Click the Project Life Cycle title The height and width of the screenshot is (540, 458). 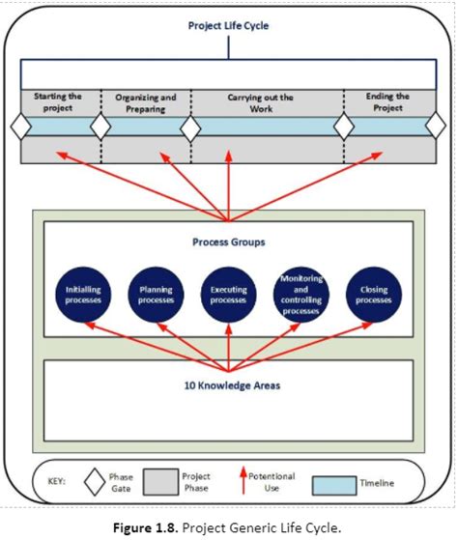pyautogui.click(x=228, y=26)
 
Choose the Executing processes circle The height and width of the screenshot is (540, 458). pyautogui.click(x=228, y=294)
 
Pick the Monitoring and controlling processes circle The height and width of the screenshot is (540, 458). pyautogui.click(x=301, y=294)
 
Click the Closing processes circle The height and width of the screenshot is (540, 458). pyautogui.click(x=373, y=294)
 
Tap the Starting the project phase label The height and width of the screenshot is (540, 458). pyautogui.click(x=58, y=102)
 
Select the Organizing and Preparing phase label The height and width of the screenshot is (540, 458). pyautogui.click(x=145, y=103)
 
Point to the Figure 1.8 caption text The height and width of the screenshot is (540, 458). pyautogui.click(x=228, y=526)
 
